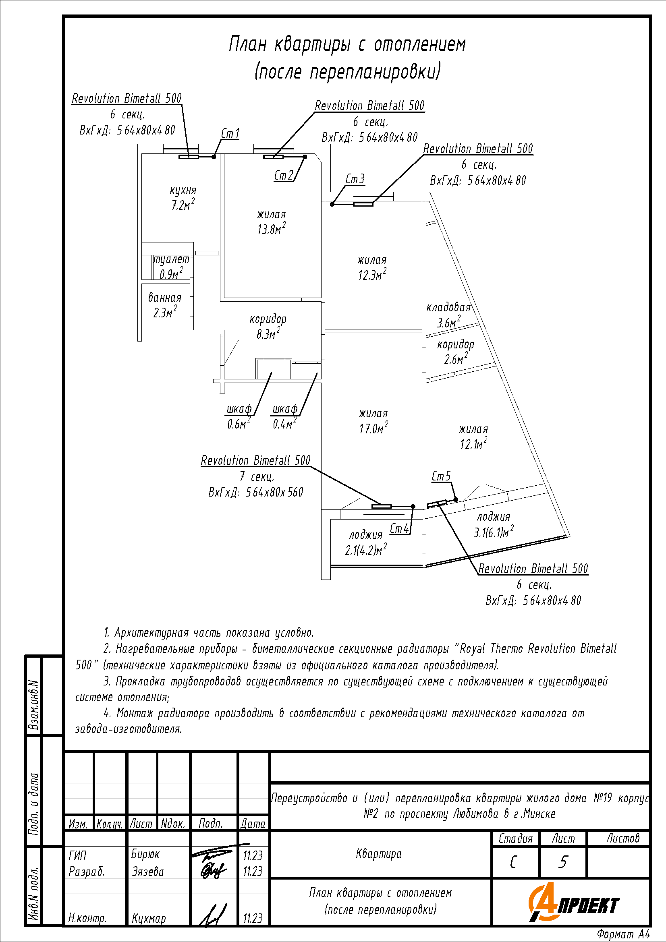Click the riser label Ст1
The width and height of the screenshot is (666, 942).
230,134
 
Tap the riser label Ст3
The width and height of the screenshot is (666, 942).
355,179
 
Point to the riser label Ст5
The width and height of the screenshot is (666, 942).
441,476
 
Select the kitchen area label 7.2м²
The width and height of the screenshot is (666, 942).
183,205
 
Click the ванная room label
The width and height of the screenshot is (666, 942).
164,298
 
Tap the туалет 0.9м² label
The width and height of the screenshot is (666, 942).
172,267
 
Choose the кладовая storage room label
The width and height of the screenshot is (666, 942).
448,308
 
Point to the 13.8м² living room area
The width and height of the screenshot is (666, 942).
271,229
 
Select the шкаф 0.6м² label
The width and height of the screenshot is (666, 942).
239,416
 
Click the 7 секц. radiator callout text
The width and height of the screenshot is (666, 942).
257,477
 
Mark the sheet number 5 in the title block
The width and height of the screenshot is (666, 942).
563,862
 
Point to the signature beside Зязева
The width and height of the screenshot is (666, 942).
213,870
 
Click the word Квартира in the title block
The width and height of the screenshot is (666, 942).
379,854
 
